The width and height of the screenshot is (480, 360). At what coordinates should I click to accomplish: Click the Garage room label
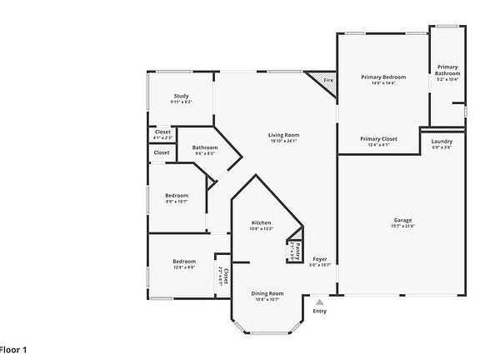402,220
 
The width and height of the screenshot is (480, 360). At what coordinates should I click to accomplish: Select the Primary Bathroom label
447,70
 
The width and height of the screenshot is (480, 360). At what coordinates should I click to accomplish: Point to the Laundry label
442,141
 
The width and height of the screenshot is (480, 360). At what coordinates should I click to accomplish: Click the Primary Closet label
378,138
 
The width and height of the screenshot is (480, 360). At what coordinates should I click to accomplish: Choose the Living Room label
283,135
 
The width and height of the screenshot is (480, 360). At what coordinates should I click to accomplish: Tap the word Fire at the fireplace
328,81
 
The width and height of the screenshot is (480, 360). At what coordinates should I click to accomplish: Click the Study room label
181,97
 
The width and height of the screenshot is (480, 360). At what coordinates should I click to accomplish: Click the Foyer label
320,259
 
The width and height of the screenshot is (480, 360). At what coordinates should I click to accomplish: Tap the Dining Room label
268,292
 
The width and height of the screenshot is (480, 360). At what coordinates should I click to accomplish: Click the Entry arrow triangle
319,302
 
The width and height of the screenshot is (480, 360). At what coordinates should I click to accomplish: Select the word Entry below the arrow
319,312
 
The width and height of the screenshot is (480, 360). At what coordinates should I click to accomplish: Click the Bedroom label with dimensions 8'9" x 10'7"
177,195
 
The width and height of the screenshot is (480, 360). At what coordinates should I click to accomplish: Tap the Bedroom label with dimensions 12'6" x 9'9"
184,261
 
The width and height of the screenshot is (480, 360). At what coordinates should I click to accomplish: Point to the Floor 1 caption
14,350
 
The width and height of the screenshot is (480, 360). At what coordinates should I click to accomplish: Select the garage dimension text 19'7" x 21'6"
402,226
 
